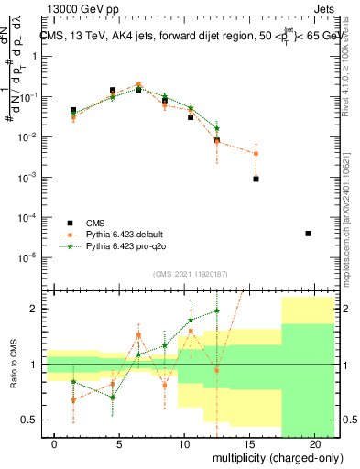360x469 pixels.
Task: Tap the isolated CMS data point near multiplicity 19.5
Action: coord(308,234)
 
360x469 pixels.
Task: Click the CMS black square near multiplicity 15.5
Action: coord(256,179)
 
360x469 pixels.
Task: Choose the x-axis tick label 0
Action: coord(55,443)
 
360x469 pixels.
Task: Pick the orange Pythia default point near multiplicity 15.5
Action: coord(256,153)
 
